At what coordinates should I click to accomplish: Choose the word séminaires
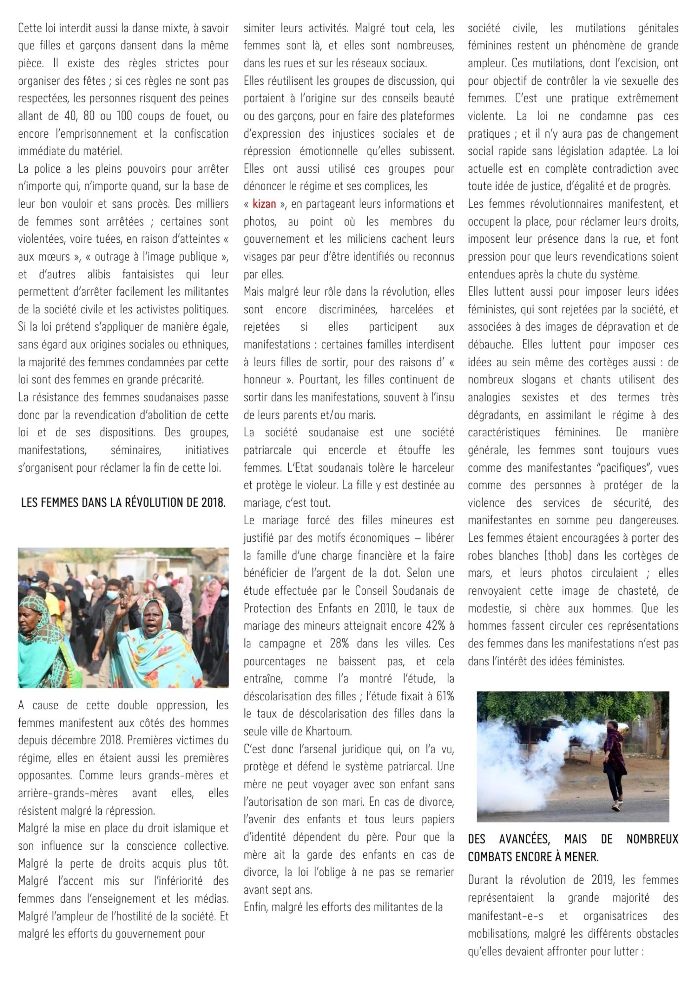[x=136, y=450]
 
